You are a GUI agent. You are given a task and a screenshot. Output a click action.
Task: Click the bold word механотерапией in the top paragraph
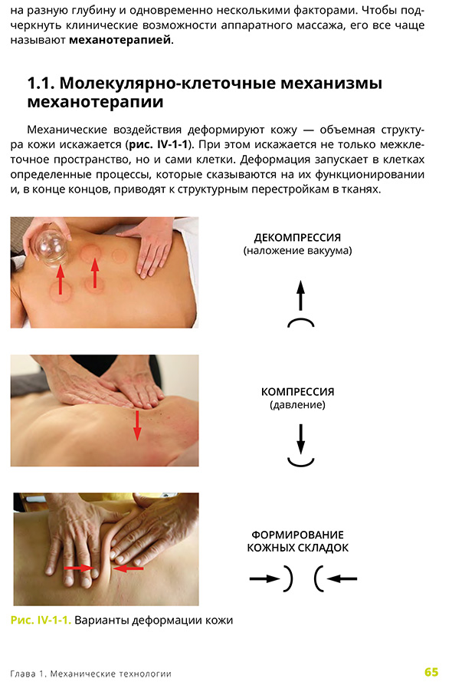coord(120,41)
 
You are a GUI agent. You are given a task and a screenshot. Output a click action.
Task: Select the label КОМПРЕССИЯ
coord(298,391)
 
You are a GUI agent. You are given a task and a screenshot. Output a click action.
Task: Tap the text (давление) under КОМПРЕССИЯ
coord(298,404)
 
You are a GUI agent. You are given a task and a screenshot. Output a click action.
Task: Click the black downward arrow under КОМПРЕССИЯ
coord(300,438)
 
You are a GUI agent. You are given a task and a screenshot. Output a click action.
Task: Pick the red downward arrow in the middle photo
coord(138,424)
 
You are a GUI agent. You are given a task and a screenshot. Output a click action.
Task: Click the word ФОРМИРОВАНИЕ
coord(297,534)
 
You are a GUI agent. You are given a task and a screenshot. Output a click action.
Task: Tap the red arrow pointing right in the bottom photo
coord(77,568)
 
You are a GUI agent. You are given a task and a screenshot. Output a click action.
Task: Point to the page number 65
coord(431,672)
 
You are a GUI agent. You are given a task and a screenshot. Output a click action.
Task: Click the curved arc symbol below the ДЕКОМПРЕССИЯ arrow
coord(300,322)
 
